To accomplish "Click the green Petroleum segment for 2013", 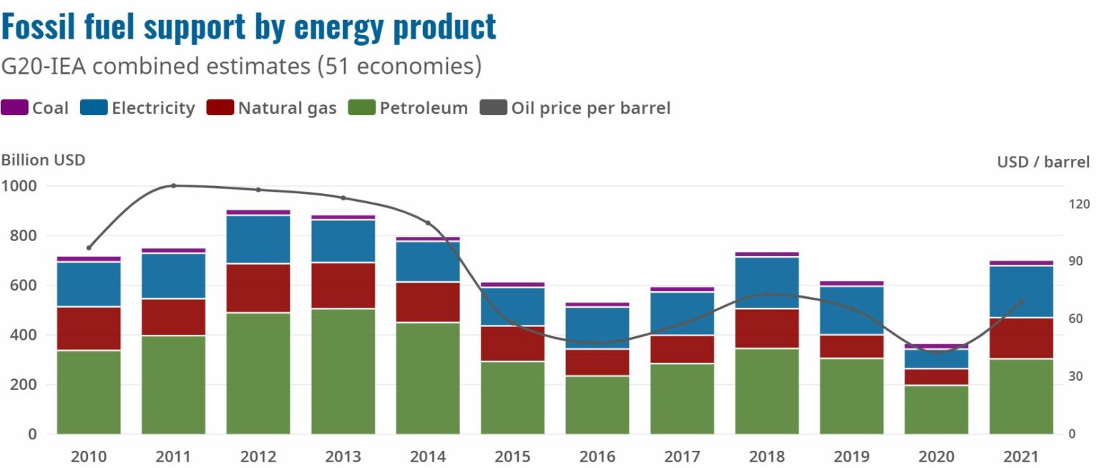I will click(343, 371).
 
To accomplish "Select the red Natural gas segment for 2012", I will click(258, 288).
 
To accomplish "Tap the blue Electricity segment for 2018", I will click(767, 283).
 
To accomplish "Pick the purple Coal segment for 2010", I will click(89, 259).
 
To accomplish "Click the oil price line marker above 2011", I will click(173, 186).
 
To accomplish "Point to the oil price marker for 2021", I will click(1021, 301).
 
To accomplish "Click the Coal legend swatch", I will click(14, 108).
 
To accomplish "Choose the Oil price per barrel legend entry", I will click(590, 108).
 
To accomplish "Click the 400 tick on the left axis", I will click(23, 335).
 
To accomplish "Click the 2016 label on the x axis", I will click(597, 456).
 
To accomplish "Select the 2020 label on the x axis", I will click(937, 456).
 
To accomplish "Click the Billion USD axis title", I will click(43, 160).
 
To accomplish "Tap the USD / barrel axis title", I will click(1043, 162).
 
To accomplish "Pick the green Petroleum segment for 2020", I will click(937, 409).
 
